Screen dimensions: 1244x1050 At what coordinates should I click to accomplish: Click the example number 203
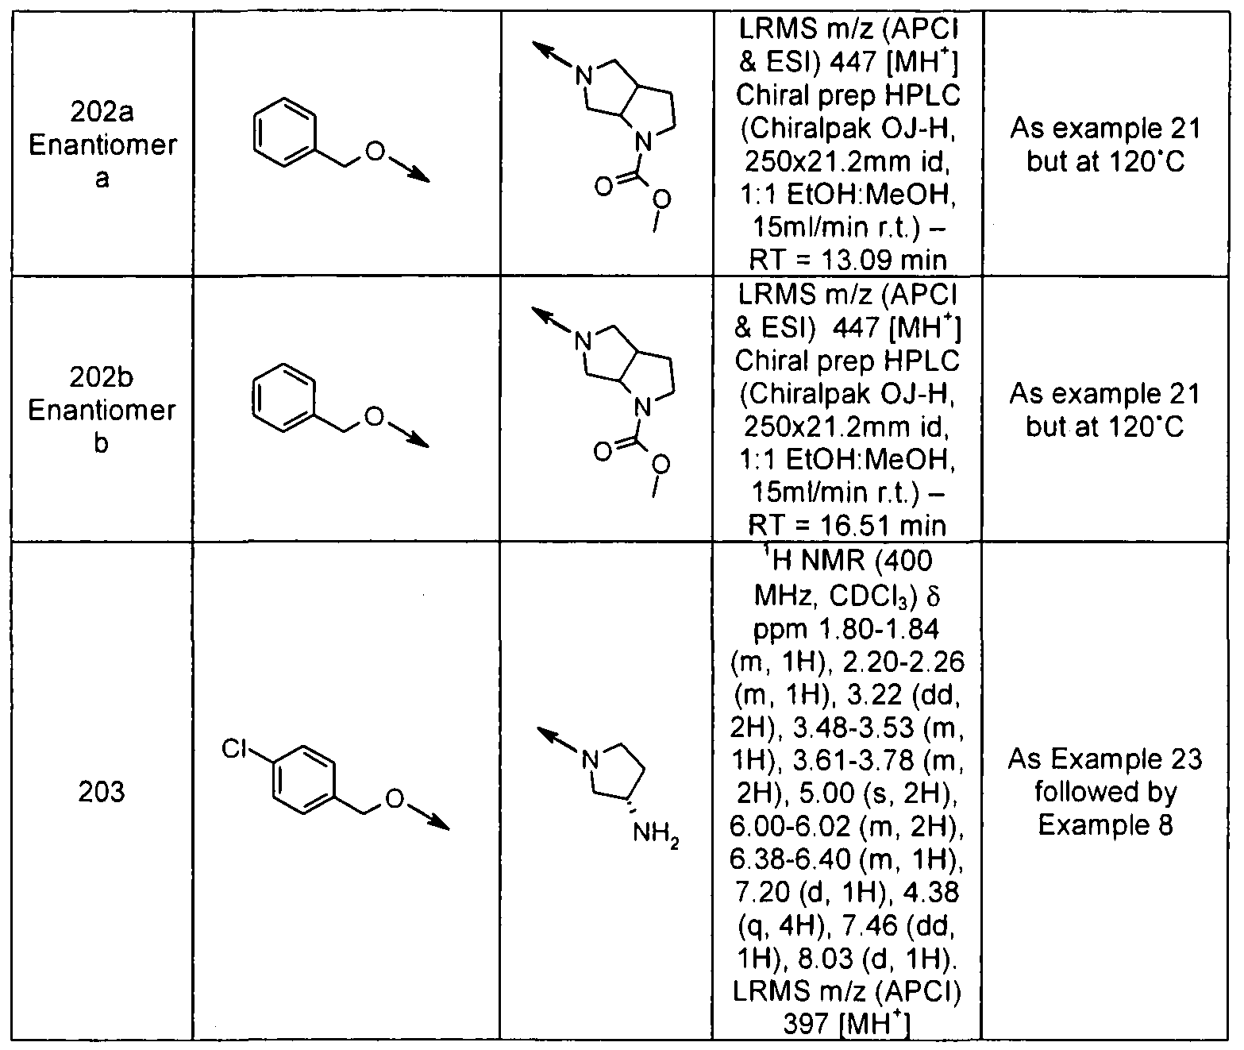tap(102, 793)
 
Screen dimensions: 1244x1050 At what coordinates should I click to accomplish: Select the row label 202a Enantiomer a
tap(102, 145)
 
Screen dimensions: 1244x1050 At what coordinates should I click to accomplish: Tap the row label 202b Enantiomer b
tap(102, 410)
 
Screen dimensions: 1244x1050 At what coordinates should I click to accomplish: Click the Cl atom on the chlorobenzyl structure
tap(234, 748)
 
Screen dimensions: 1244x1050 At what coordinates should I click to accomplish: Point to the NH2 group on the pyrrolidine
tap(656, 833)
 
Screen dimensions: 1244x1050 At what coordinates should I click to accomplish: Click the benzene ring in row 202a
tap(284, 133)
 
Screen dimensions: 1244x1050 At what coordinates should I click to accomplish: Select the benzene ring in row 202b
tap(283, 397)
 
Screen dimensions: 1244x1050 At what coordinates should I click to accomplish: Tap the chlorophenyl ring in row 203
tap(304, 779)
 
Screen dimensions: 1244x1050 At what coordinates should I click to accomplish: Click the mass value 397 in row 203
tap(806, 1025)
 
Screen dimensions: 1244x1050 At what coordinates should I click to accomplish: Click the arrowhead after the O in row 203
tap(439, 823)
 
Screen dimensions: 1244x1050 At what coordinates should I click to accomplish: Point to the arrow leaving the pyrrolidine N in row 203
tap(557, 742)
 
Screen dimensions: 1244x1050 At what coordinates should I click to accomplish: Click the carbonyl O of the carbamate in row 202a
tap(603, 187)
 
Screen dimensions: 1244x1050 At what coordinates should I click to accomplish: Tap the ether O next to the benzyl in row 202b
tap(374, 417)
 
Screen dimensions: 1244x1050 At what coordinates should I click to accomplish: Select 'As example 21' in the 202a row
tap(1106, 128)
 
